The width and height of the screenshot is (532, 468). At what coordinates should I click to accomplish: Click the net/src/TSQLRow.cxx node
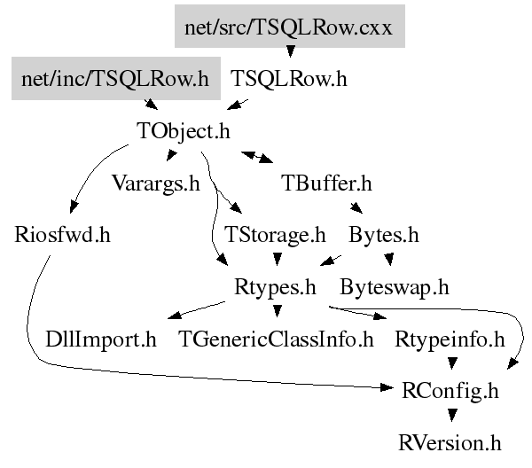tap(290, 26)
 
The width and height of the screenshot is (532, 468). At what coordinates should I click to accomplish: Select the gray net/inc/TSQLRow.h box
tap(116, 78)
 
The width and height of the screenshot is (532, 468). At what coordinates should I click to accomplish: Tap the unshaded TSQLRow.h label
tap(289, 79)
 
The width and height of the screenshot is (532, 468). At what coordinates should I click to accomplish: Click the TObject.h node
tap(184, 131)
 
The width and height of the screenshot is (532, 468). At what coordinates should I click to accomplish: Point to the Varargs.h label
tap(156, 183)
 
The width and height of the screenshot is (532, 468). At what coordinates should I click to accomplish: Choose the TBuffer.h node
tap(326, 183)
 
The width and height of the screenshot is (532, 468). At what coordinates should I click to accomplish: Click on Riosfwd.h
tap(62, 235)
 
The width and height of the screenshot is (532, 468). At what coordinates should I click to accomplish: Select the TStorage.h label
tap(275, 235)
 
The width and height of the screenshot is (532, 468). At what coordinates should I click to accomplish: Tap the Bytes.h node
tap(384, 235)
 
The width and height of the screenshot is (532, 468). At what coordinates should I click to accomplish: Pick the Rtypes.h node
tap(275, 287)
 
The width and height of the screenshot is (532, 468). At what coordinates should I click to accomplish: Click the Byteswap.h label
tap(395, 287)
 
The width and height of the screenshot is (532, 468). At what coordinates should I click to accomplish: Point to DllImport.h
tap(101, 339)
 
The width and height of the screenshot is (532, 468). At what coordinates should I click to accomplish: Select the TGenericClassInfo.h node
tap(276, 339)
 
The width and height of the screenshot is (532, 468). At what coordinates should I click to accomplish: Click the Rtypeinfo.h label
tap(450, 339)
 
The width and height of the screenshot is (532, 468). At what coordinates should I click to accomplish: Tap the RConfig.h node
tap(450, 391)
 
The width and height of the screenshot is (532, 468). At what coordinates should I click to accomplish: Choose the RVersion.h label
tap(450, 443)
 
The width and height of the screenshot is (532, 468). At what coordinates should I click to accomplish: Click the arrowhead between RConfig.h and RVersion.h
tap(452, 415)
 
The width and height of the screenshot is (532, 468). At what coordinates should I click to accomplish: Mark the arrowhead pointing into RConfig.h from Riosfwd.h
tap(387, 387)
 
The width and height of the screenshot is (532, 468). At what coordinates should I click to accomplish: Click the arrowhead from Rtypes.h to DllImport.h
tap(175, 316)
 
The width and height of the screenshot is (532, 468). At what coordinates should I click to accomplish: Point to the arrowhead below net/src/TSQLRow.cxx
tap(291, 51)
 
